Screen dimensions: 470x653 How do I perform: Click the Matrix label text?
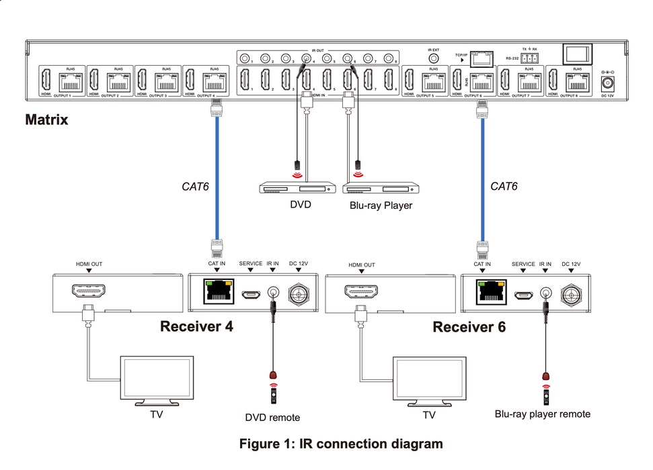pos(46,121)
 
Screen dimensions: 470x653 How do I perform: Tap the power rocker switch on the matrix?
pos(577,56)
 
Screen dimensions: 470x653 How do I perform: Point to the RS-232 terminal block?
pos(529,58)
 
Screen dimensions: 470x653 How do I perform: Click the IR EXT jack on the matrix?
pos(433,59)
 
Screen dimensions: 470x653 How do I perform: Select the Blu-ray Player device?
pos(381,188)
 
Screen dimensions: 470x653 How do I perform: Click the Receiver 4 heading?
pos(196,327)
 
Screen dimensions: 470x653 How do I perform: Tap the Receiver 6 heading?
pos(469,327)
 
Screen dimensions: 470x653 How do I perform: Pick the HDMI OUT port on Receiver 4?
pos(87,293)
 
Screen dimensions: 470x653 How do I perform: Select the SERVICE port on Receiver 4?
pos(250,294)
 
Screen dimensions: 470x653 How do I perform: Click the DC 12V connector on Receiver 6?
pos(572,293)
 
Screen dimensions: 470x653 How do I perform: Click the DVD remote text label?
pos(272,417)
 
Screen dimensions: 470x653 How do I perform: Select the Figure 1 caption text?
pos(342,444)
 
